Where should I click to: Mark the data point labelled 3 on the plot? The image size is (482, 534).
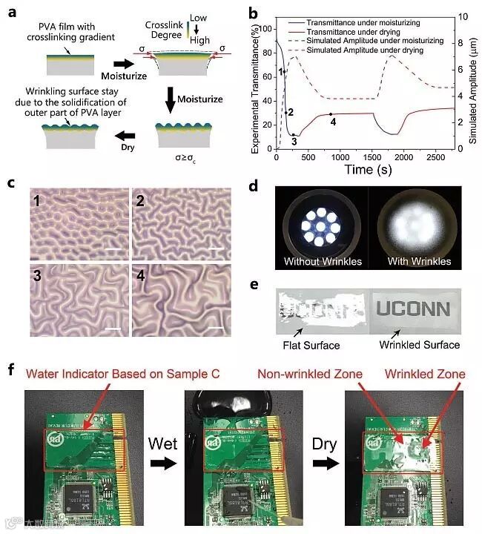pos(294,135)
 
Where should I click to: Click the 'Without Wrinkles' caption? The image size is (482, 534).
pos(323,262)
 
